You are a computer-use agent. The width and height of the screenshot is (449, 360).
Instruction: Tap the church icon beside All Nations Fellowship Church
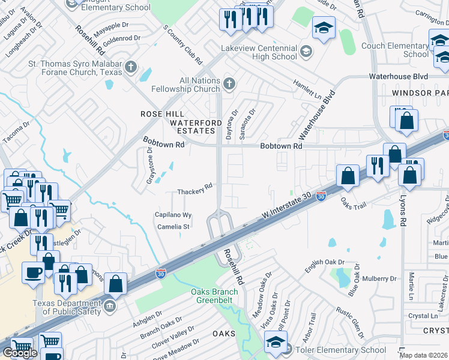[228, 83]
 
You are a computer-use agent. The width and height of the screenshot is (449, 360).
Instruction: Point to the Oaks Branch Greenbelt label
[214, 296]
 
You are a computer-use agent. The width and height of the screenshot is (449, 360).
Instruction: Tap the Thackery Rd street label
[195, 189]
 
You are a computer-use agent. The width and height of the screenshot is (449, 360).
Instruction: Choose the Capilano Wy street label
[173, 215]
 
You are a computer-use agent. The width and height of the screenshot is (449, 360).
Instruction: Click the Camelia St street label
[173, 227]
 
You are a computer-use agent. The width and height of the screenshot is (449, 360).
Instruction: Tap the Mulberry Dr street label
[377, 278]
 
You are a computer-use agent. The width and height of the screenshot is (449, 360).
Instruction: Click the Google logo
[20, 353]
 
